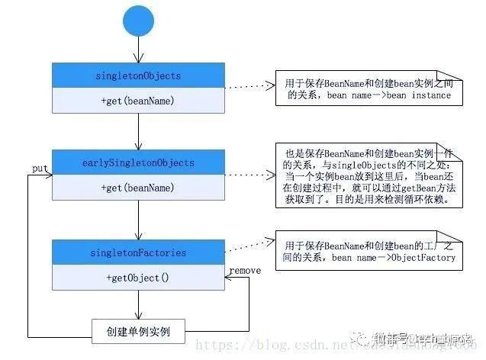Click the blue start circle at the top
[138, 21]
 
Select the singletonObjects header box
[138, 76]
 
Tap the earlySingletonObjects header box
[138, 162]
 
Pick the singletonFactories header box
[138, 251]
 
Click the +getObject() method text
[138, 277]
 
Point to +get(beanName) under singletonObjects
[138, 101]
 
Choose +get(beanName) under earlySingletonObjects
[138, 188]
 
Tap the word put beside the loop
[40, 167]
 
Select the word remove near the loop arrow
[243, 269]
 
